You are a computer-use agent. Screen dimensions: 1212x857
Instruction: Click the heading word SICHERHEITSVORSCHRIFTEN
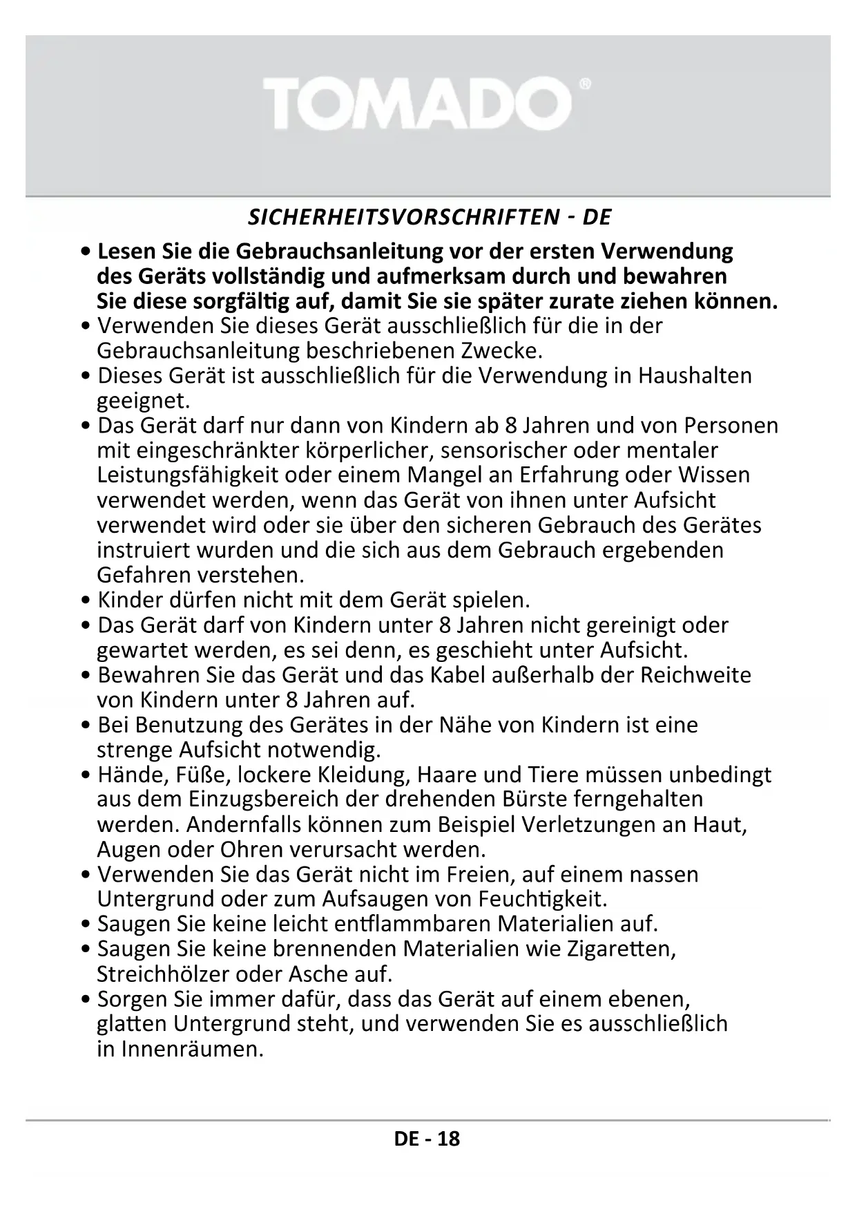coord(403,218)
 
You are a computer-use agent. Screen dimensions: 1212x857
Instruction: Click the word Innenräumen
coord(192,1049)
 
